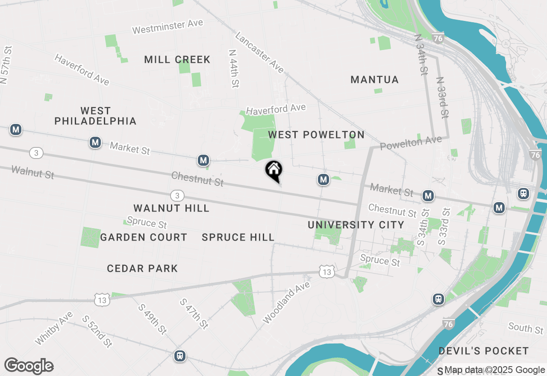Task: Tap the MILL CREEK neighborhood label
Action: pyautogui.click(x=177, y=60)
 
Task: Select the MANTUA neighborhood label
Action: pyautogui.click(x=374, y=79)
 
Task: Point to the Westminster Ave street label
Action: pyautogui.click(x=168, y=26)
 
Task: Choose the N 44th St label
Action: pyautogui.click(x=233, y=68)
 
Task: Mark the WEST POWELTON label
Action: pyautogui.click(x=316, y=135)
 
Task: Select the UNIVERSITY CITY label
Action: pyautogui.click(x=356, y=225)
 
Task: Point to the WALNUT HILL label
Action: pyautogui.click(x=171, y=209)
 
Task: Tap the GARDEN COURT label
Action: pyautogui.click(x=144, y=238)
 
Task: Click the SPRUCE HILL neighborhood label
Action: pyautogui.click(x=238, y=238)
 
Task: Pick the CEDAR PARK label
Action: pyautogui.click(x=142, y=268)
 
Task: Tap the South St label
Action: pyautogui.click(x=526, y=328)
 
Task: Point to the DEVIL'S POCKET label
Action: pyautogui.click(x=484, y=351)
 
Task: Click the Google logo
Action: pyautogui.click(x=29, y=366)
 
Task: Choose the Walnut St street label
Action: pyautogui.click(x=33, y=172)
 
